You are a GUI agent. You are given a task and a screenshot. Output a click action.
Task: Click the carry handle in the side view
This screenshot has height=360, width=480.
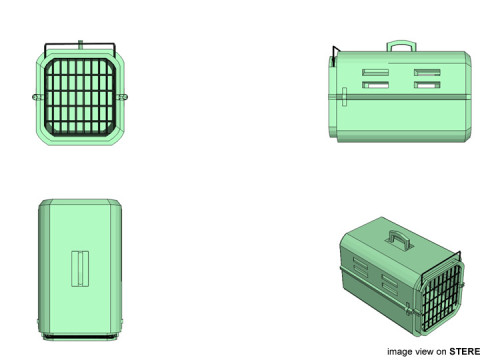[x=401, y=43]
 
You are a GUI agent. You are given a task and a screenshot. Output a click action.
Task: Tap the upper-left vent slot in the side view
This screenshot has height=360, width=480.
[x=375, y=72]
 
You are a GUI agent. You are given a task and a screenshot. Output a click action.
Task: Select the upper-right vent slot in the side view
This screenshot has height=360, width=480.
[x=427, y=72]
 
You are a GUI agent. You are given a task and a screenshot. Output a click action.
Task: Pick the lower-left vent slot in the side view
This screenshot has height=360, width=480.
[x=375, y=85]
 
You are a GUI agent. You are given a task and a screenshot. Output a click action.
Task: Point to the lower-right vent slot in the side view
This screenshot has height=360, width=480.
[x=427, y=85]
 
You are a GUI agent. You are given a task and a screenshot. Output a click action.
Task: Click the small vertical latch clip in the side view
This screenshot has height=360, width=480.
[x=344, y=97]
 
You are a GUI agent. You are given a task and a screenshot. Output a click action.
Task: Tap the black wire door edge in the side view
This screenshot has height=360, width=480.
[x=334, y=55]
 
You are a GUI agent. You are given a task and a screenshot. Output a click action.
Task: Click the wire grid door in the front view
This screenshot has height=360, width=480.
[x=80, y=97]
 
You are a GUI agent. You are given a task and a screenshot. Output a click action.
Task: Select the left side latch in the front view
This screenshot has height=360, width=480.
[x=37, y=97]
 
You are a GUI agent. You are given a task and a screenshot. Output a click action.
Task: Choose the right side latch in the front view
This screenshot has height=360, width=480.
[x=122, y=97]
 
